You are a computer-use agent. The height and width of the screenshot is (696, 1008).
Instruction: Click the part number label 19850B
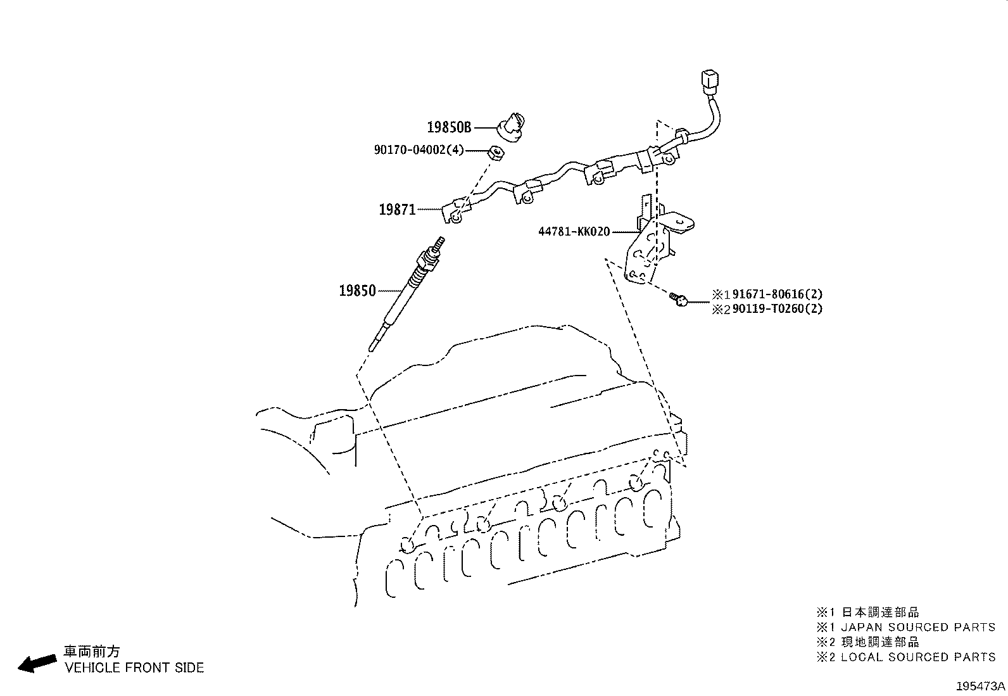pos(449,127)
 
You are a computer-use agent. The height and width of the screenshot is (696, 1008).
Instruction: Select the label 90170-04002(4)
pos(419,149)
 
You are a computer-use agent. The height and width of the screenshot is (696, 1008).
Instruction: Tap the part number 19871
pos(398,210)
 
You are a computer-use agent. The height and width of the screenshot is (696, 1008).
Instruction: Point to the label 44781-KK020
pos(574,232)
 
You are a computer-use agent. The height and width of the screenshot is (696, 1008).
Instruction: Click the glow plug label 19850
pos(357,291)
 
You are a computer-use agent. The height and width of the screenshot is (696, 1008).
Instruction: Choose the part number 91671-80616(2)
pos(777,294)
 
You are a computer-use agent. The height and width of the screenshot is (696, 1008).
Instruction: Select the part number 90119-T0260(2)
pos(777,309)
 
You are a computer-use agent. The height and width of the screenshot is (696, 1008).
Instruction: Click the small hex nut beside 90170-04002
pos(496,153)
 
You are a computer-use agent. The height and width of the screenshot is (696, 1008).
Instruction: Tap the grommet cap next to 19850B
pos(511,127)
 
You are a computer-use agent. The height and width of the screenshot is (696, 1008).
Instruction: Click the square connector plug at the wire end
pos(710,80)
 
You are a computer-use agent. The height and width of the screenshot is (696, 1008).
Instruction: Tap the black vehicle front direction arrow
pos(37,663)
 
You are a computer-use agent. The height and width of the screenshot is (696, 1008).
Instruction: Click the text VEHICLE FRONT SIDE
pos(134,668)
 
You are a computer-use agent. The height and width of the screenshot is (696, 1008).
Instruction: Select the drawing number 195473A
pos(980,686)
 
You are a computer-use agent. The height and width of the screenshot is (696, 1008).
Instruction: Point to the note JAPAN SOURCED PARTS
pos(918,627)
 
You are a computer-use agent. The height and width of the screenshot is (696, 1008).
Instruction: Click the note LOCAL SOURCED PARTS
pos(918,657)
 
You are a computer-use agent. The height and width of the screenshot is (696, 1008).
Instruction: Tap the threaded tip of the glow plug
pos(439,244)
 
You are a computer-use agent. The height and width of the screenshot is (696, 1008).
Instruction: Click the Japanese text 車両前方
pos(92,652)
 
